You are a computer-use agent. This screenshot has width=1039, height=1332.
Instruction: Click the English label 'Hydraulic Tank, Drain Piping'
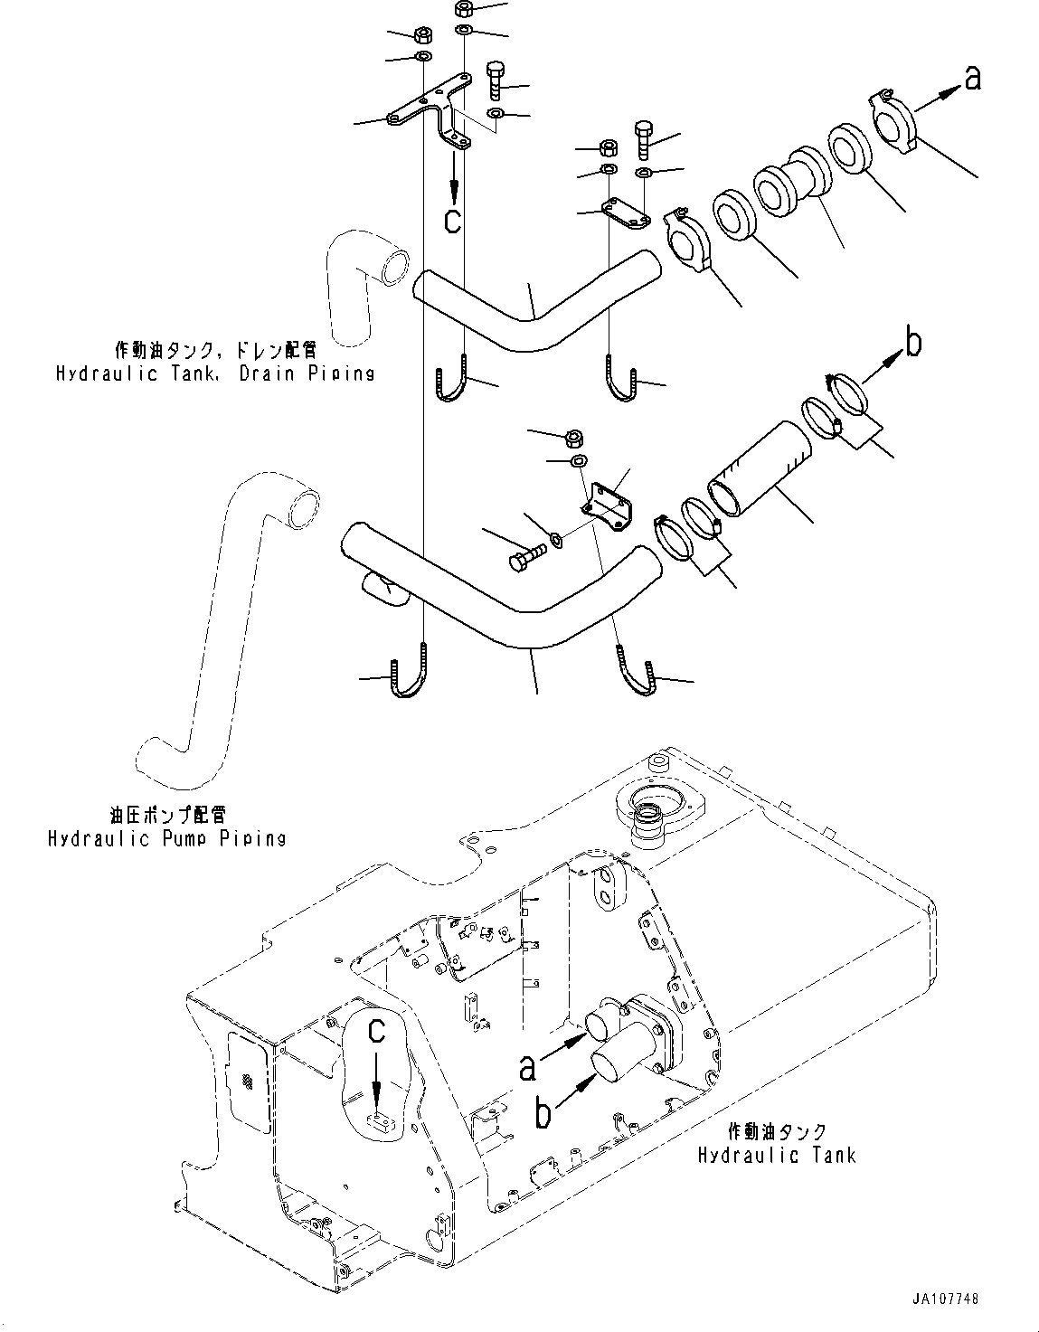(214, 372)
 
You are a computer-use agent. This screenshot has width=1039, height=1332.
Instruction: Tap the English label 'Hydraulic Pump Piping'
(166, 838)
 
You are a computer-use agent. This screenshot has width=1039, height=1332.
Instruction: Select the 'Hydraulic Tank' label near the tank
(776, 1155)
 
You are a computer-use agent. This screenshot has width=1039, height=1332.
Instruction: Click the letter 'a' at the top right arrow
(971, 80)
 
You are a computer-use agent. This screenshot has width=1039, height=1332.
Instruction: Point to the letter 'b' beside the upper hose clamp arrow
(913, 343)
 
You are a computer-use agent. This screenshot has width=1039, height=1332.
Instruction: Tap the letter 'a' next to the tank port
(527, 1067)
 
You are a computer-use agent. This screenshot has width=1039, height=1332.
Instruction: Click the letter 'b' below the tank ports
(542, 1114)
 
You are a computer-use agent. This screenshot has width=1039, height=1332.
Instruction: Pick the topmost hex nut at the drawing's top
(464, 10)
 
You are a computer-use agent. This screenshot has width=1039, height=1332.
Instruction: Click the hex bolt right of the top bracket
(496, 80)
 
